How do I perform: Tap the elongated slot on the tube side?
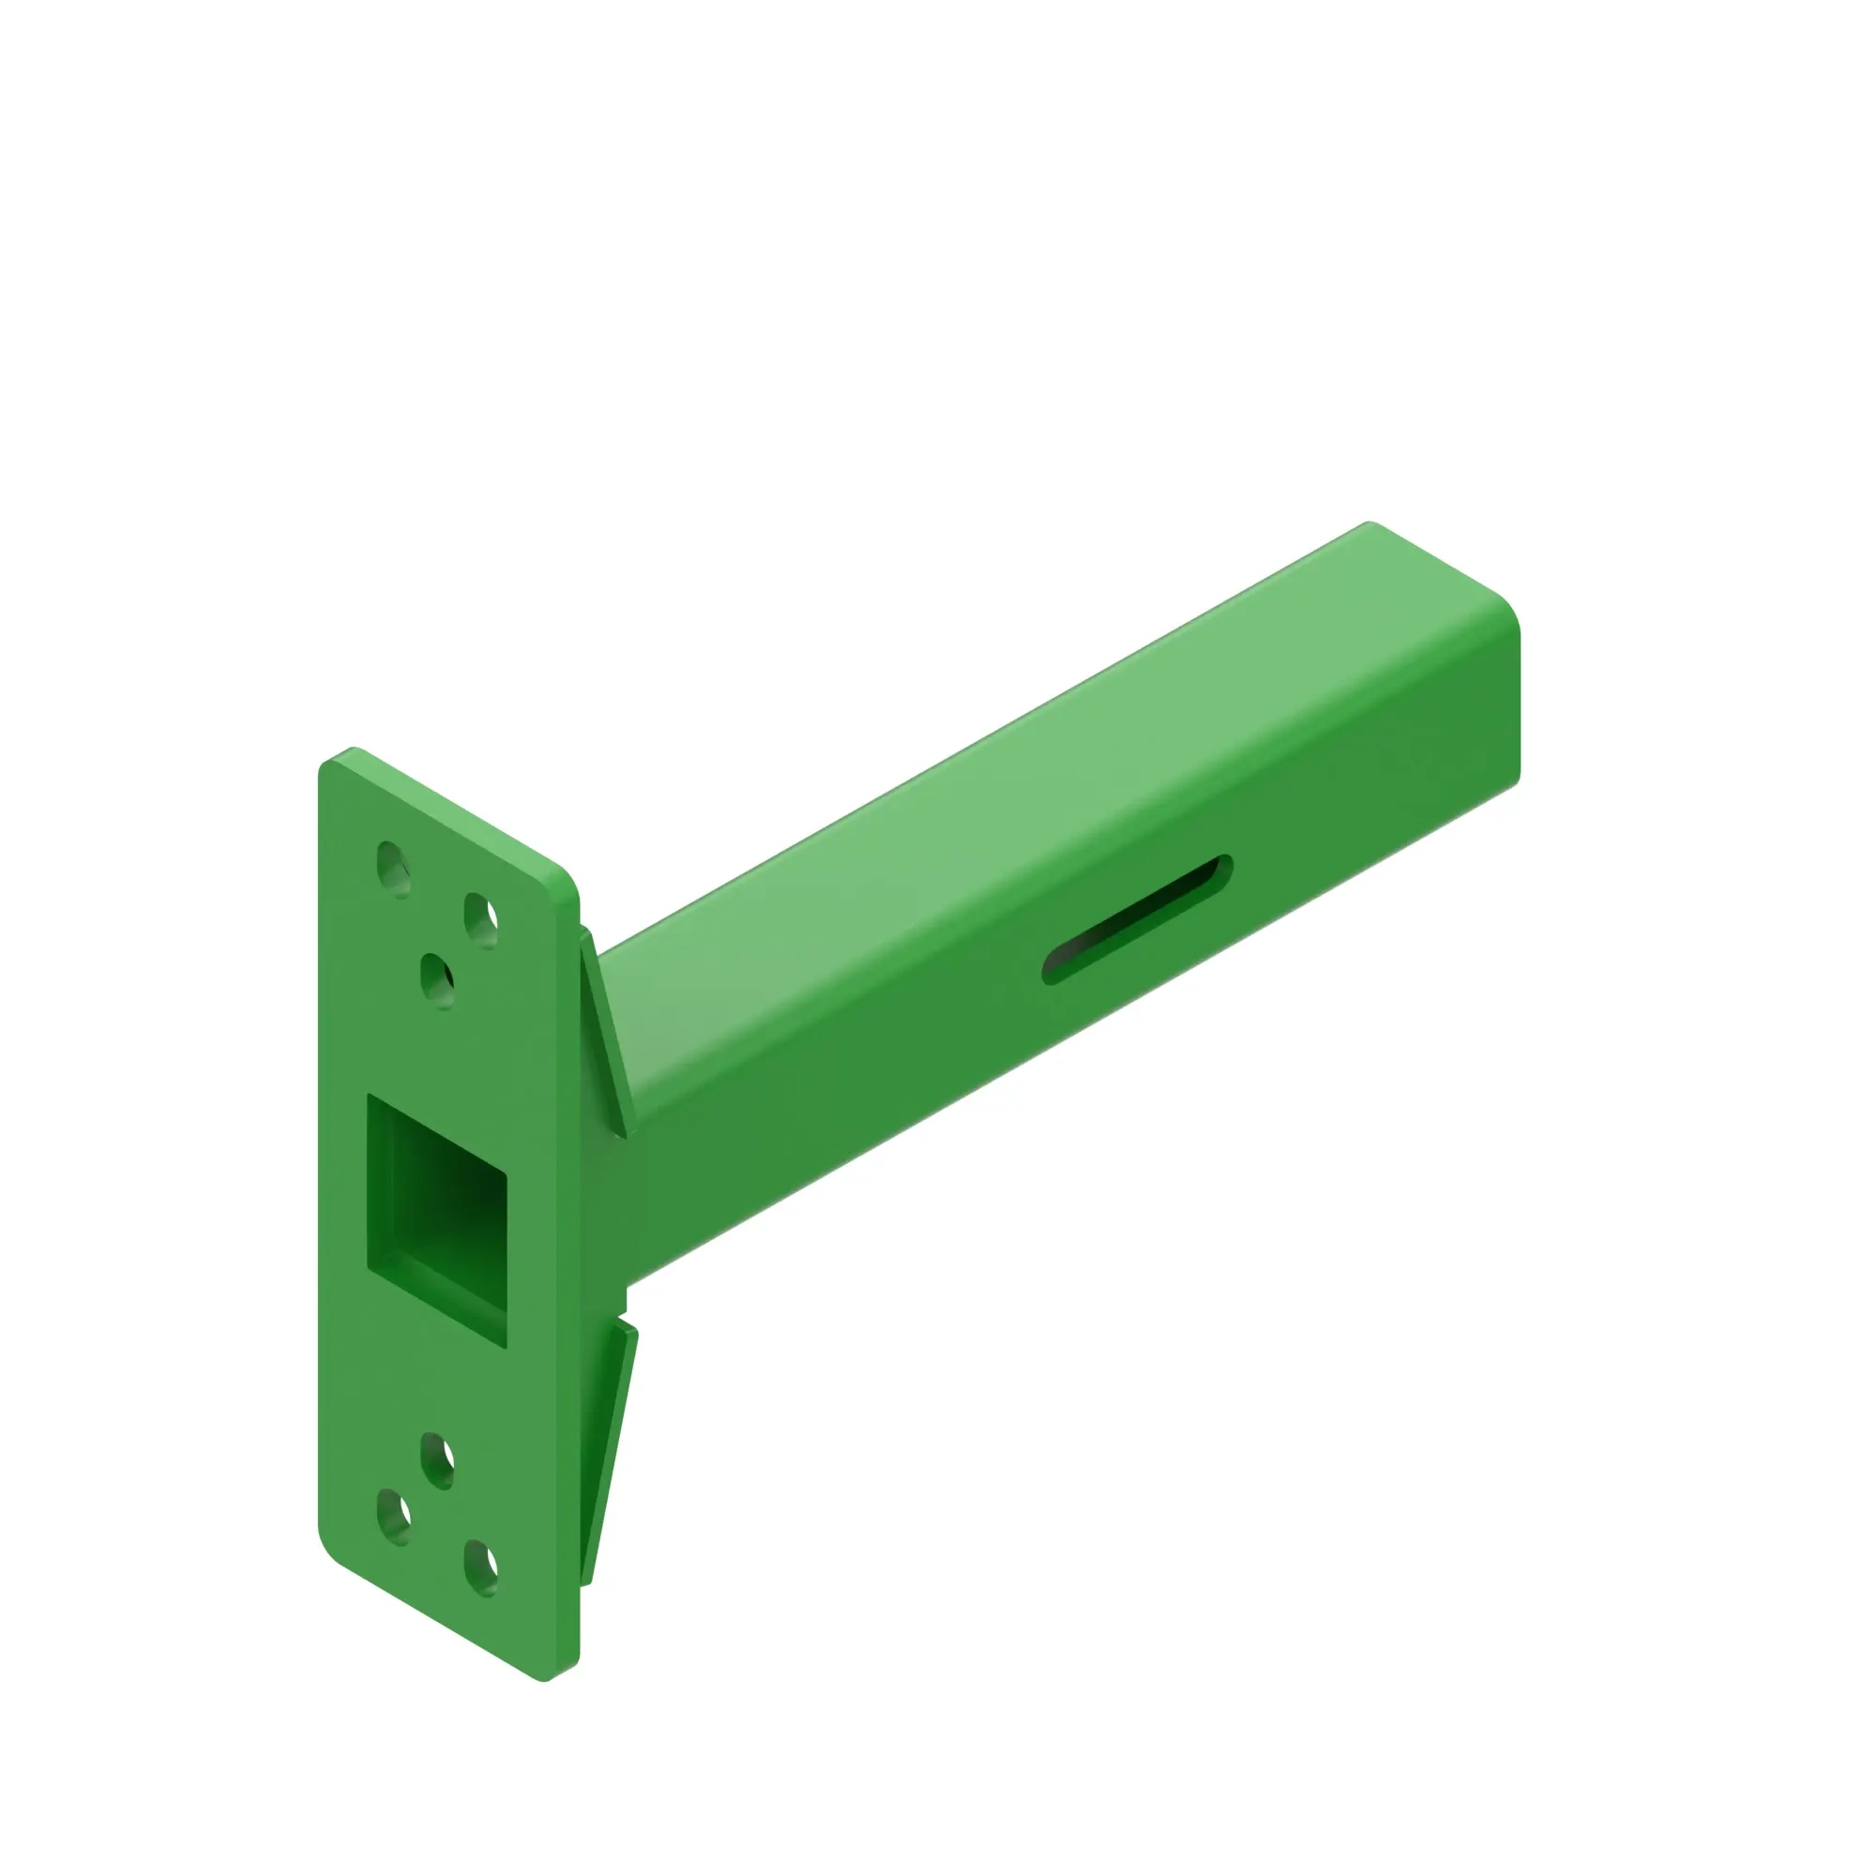[x=1136, y=919]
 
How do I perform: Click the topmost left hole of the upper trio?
[x=393, y=870]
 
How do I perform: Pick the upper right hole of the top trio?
[x=480, y=919]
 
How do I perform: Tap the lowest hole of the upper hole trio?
[x=437, y=981]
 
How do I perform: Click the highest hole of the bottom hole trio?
[x=437, y=1460]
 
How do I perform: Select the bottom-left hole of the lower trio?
[x=393, y=1516]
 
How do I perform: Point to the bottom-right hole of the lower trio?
[x=480, y=1567]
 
